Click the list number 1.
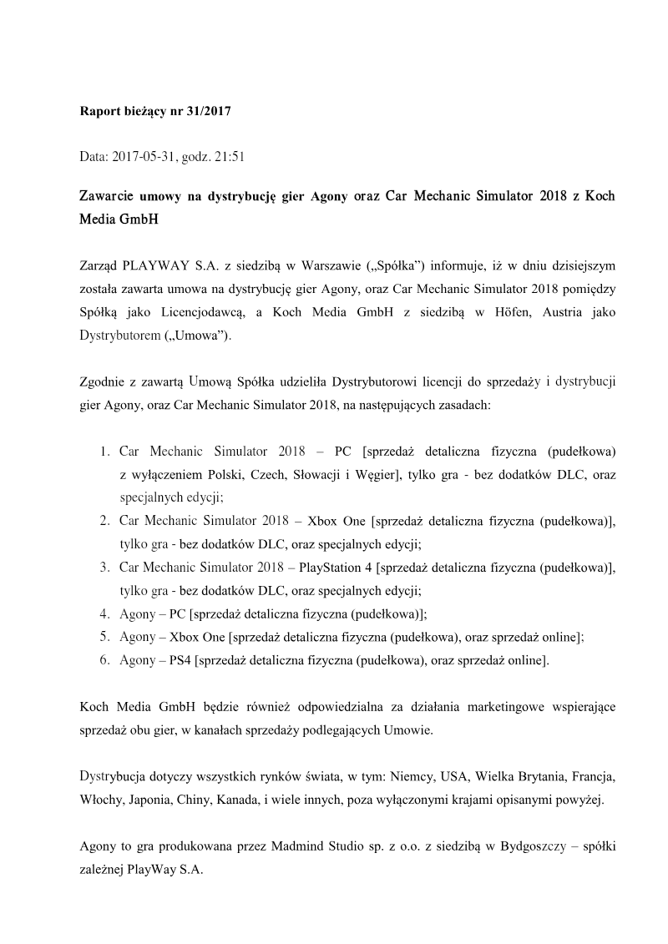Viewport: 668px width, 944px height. [x=104, y=452]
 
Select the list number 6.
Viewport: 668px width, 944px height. [x=104, y=660]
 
